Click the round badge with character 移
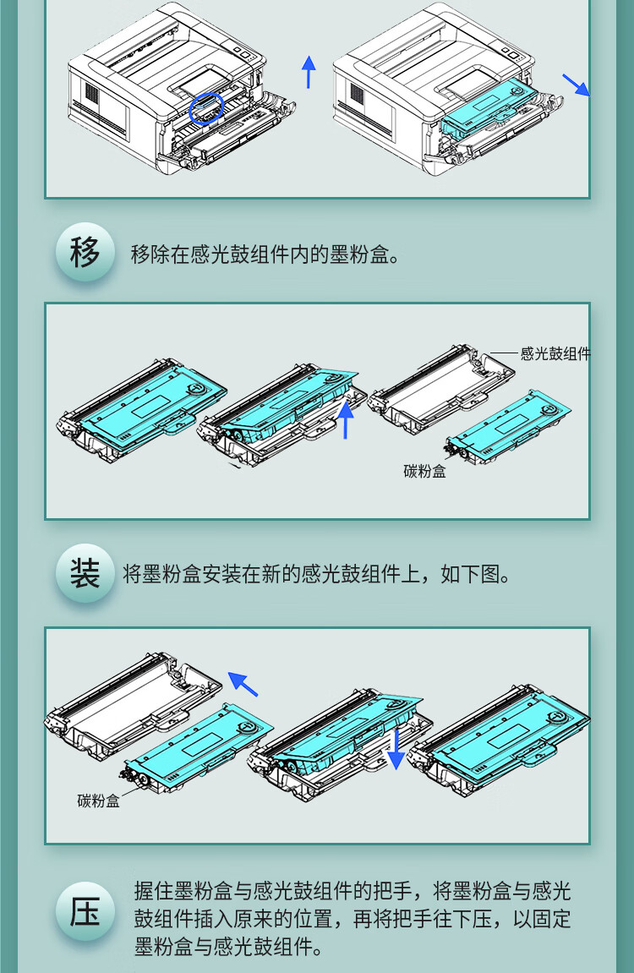(85, 252)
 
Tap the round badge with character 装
(85, 573)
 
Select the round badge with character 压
(85, 912)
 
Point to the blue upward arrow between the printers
(309, 71)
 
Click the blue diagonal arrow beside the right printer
(576, 85)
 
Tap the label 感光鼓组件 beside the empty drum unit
(555, 353)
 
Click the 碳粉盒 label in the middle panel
(425, 472)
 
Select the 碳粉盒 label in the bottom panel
(99, 801)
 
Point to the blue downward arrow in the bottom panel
(395, 750)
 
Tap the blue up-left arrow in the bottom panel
(243, 684)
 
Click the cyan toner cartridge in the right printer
(487, 107)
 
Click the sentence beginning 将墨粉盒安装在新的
(316, 574)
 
